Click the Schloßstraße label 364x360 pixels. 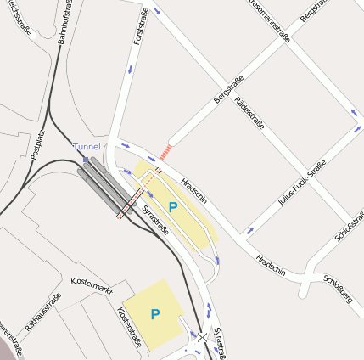[350, 222]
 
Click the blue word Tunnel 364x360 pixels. [87, 147]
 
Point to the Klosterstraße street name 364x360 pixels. [128, 327]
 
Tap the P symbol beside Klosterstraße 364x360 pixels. [155, 314]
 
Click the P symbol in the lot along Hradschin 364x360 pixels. [173, 206]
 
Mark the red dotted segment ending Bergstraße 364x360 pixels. [165, 151]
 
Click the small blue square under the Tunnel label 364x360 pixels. [86, 159]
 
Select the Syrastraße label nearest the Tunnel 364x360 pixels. [155, 220]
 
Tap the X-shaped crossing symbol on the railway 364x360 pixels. [202, 337]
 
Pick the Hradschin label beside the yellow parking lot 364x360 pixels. [194, 191]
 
